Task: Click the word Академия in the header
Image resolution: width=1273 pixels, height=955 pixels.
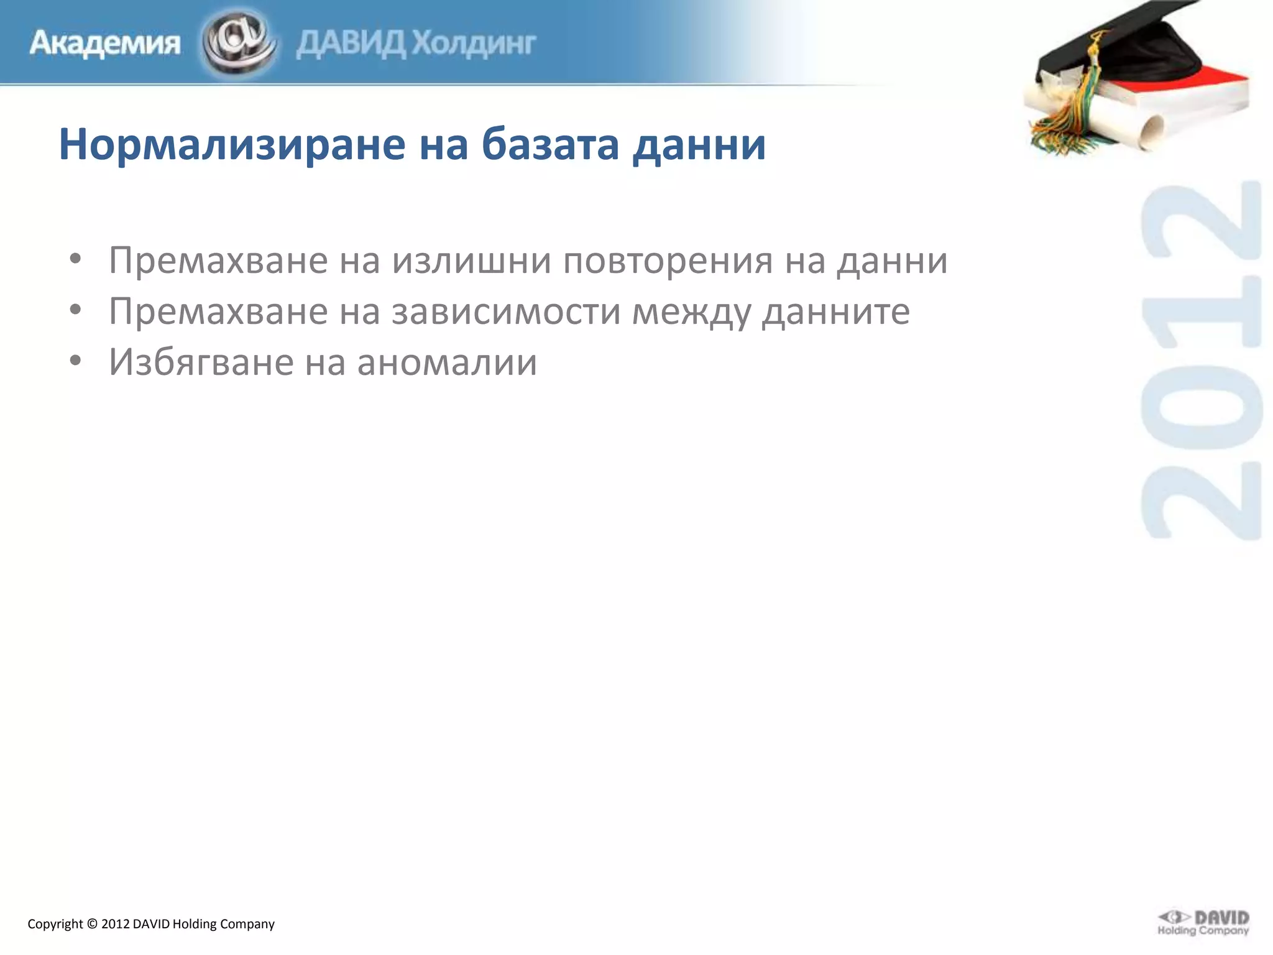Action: [104, 44]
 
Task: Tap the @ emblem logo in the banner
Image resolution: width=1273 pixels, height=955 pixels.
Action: [239, 42]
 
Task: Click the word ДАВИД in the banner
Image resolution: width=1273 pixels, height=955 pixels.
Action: [351, 44]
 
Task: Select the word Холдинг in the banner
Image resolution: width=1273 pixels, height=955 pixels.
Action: [474, 44]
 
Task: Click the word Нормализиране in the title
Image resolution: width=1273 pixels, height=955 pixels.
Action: [232, 144]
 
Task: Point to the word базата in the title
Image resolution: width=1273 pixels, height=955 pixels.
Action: [551, 144]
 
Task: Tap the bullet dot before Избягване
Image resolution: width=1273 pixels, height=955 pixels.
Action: [75, 361]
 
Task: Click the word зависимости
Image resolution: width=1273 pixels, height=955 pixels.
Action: [506, 311]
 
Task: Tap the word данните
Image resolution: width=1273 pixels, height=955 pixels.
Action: [836, 311]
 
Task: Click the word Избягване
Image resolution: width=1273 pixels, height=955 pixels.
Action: [201, 362]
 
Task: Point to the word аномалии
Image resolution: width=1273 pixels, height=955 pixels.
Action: [447, 362]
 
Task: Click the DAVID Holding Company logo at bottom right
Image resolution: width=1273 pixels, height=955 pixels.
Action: [1203, 923]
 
